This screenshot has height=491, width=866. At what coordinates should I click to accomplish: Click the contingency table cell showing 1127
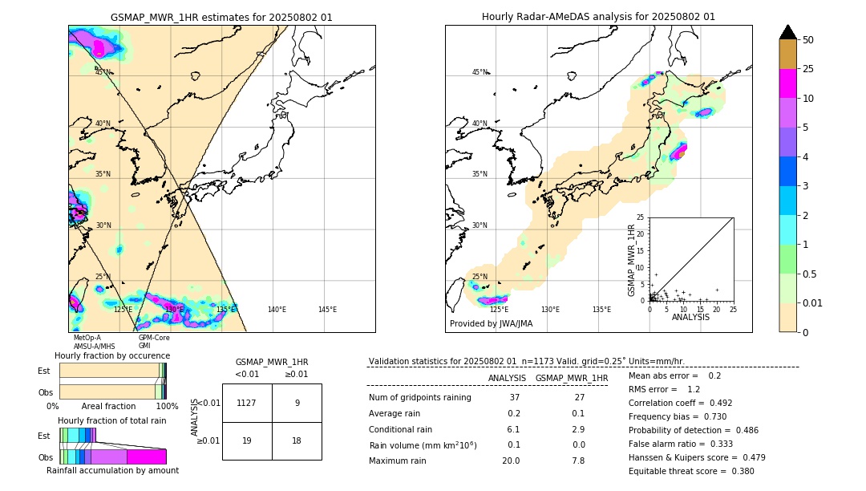click(246, 404)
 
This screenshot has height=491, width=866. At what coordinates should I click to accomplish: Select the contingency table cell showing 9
click(297, 404)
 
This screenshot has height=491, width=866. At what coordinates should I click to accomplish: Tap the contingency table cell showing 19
click(246, 440)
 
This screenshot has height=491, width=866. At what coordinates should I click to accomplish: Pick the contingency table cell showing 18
click(297, 440)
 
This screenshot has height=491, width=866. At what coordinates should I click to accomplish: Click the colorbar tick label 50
click(808, 40)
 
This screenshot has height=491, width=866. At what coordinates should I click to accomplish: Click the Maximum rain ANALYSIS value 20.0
click(510, 461)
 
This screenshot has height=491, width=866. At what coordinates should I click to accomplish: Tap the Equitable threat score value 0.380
click(736, 471)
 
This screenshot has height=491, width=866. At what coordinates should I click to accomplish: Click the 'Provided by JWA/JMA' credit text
click(491, 323)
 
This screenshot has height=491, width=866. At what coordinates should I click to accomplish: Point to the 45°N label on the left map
click(103, 72)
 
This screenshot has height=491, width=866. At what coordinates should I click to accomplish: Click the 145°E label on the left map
click(327, 310)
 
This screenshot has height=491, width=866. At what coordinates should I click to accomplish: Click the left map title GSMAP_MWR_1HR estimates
click(221, 17)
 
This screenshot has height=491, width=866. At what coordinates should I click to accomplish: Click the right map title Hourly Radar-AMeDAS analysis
click(598, 17)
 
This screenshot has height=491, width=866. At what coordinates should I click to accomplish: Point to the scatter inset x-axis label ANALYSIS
click(690, 317)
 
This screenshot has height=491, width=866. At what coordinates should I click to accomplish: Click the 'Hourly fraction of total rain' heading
click(111, 420)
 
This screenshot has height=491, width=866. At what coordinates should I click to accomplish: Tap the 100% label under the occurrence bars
click(167, 406)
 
